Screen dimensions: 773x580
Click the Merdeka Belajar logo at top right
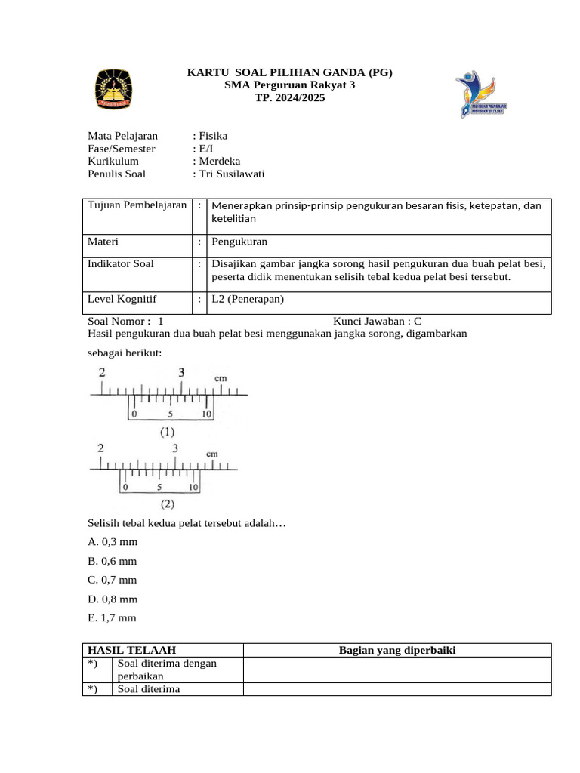coord(480,94)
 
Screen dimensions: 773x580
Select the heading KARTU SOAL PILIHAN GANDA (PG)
coord(290,73)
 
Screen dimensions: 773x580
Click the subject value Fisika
coord(212,136)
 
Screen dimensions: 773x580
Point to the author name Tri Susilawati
coord(231,174)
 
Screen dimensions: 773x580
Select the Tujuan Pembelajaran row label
coord(137,205)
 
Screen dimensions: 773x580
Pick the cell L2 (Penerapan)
coord(248,299)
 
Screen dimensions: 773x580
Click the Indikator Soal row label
coord(121,264)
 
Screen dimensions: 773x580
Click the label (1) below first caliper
coord(167,433)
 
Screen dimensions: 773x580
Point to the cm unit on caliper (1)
coord(221,377)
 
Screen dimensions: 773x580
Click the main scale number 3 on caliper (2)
coord(175,448)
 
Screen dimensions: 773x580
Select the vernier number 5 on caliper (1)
coord(171,414)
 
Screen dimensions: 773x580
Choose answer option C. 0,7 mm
coord(113,580)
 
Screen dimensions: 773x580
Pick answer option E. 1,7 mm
coord(113,617)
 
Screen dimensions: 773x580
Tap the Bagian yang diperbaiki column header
coord(397,650)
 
